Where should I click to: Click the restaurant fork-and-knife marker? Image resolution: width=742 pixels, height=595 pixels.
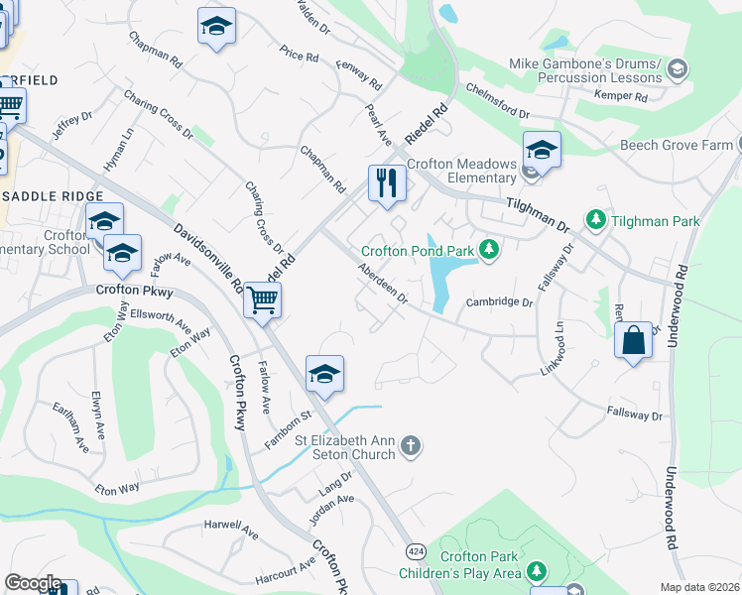click(x=387, y=182)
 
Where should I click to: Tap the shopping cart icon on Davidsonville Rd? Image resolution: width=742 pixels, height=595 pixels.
click(x=262, y=299)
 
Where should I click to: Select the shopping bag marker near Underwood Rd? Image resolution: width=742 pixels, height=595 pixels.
click(x=634, y=342)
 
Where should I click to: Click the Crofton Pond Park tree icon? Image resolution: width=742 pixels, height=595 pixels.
click(x=488, y=249)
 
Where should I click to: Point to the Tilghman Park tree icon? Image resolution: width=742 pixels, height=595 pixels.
click(x=595, y=219)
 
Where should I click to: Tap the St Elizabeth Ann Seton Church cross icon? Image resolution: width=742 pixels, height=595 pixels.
click(x=413, y=448)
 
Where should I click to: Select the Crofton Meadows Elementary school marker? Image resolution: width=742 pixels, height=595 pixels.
click(x=542, y=150)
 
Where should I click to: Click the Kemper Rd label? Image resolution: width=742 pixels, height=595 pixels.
click(x=621, y=96)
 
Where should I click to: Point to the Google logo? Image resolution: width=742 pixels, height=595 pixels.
click(x=33, y=583)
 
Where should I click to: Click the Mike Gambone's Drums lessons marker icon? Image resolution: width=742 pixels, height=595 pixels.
click(x=678, y=68)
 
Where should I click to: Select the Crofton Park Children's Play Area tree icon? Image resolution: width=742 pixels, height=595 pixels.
click(x=537, y=571)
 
